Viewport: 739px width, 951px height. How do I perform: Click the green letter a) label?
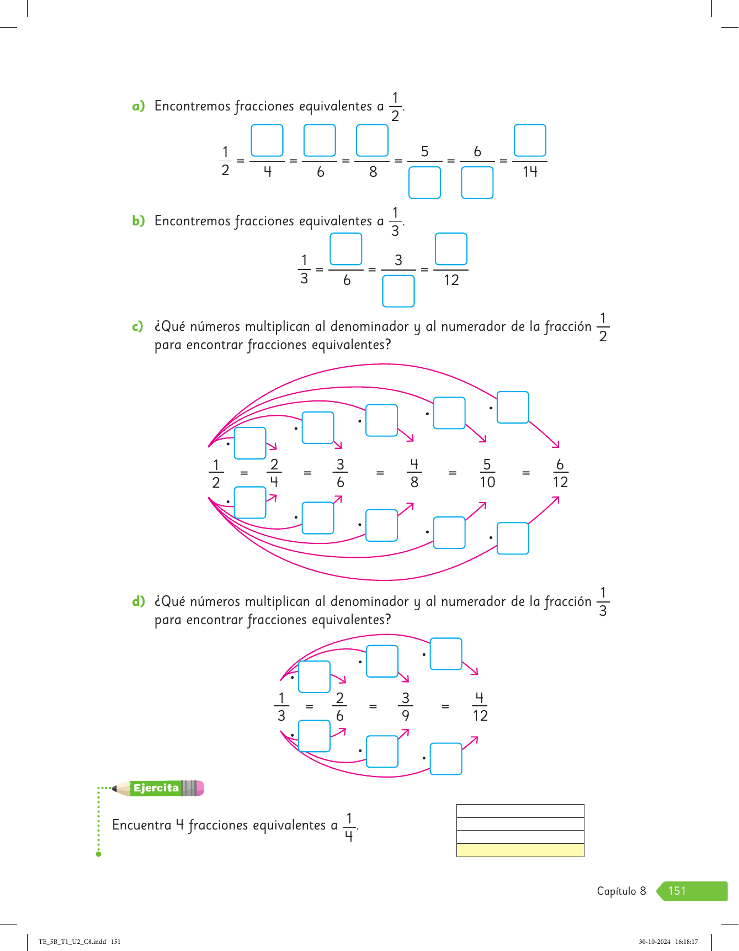(138, 106)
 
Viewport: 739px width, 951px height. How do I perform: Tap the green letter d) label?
(138, 601)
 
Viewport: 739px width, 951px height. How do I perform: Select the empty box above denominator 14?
(530, 141)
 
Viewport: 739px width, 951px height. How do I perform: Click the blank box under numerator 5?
(424, 183)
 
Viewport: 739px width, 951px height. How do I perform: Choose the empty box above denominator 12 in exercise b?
(451, 249)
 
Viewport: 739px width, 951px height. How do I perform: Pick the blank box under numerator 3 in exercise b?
(398, 291)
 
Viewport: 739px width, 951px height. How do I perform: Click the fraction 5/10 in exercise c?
(487, 473)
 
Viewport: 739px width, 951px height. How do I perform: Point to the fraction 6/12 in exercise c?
(560, 473)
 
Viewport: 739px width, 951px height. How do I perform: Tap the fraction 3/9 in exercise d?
(406, 707)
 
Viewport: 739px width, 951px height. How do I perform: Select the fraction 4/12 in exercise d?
(480, 707)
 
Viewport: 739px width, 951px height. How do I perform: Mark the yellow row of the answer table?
(520, 850)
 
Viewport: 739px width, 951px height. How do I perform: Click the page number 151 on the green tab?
(677, 891)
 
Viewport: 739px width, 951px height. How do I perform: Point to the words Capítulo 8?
(621, 891)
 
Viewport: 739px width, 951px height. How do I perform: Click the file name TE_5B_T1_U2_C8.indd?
(72, 942)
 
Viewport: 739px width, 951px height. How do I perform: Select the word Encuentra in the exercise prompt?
(142, 825)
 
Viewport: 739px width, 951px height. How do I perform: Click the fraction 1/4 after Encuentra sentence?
(349, 827)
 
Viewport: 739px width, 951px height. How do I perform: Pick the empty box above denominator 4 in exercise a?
(267, 141)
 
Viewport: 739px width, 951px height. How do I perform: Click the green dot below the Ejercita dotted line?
(99, 854)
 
